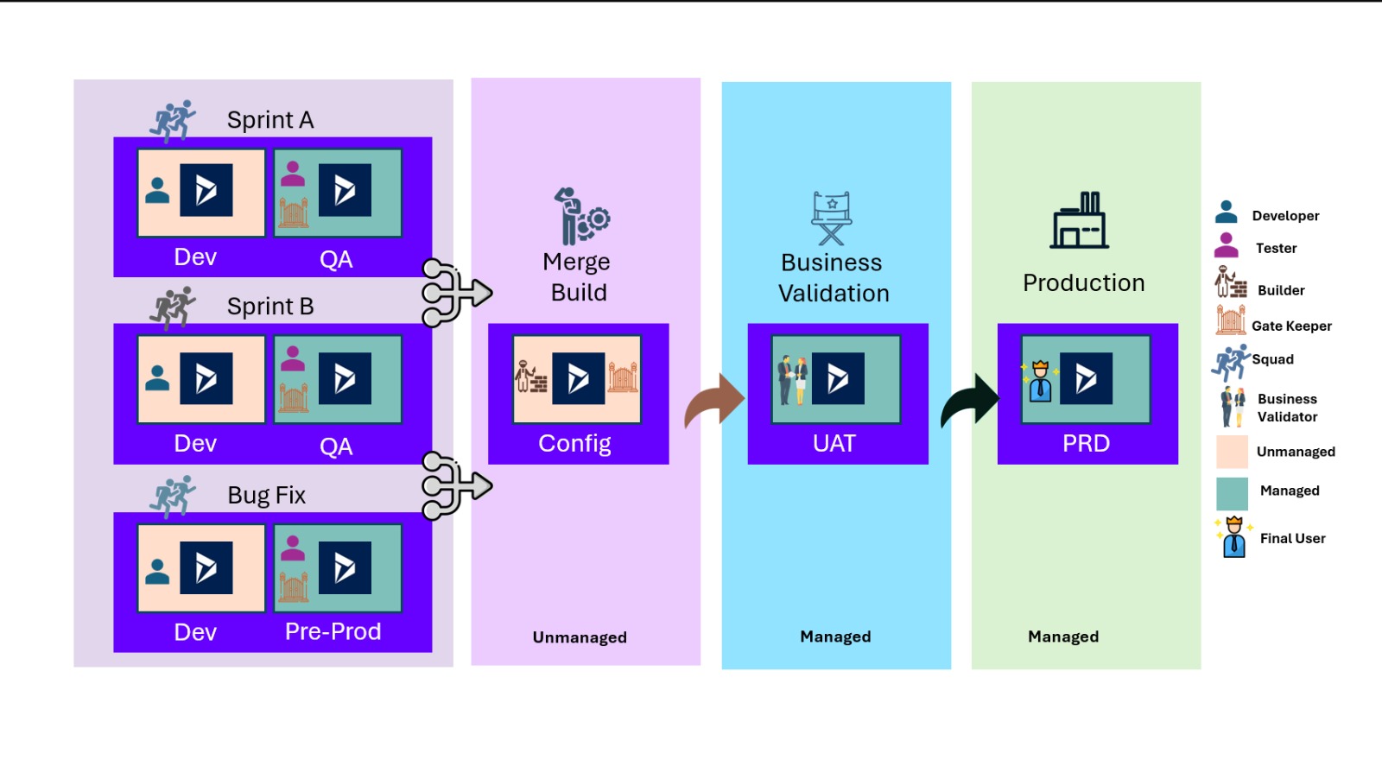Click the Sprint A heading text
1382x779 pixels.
269,120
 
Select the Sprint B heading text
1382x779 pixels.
269,307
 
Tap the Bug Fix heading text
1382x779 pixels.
266,495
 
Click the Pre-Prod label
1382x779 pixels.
333,631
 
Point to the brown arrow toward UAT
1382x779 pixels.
714,402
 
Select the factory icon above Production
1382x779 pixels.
1080,220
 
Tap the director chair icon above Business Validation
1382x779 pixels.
831,218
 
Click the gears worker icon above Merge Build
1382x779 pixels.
580,216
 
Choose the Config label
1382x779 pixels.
574,443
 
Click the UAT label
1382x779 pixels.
834,443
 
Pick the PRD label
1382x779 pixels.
1086,443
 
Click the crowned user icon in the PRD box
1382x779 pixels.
1040,381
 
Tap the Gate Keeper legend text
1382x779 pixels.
1291,326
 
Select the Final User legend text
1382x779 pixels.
1292,538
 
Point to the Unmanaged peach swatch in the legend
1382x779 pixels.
1232,452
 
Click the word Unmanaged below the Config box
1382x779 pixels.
580,637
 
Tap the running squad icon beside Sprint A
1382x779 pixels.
173,120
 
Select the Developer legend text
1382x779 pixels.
1285,216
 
